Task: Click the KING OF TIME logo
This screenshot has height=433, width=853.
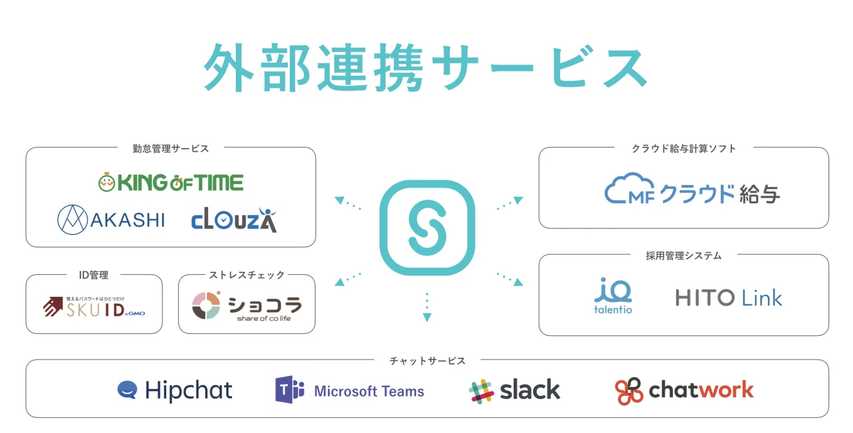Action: [171, 183]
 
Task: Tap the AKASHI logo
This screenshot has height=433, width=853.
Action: [111, 220]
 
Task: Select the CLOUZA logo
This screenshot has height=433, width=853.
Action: [234, 220]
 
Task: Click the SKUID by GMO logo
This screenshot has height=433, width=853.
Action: [94, 306]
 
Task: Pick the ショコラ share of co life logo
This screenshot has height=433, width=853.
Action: [246, 306]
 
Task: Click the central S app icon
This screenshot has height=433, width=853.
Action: [427, 228]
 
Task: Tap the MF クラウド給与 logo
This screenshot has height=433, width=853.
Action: [692, 191]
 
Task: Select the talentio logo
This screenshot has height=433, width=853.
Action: [613, 296]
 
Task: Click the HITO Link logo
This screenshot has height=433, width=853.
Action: [729, 297]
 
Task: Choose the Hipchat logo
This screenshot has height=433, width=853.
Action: [175, 390]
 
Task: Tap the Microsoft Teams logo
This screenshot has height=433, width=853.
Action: [349, 391]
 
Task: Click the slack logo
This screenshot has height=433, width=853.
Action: [514, 390]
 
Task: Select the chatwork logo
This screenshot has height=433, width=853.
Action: [684, 390]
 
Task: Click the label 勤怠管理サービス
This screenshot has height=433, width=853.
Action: [171, 149]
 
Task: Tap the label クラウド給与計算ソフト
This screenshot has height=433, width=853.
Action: [684, 149]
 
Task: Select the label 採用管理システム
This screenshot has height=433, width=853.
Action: [684, 255]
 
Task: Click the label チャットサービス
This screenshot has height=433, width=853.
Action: [427, 361]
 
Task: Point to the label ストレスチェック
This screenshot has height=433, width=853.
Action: [246, 275]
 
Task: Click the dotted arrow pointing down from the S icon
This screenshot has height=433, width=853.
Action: [427, 307]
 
